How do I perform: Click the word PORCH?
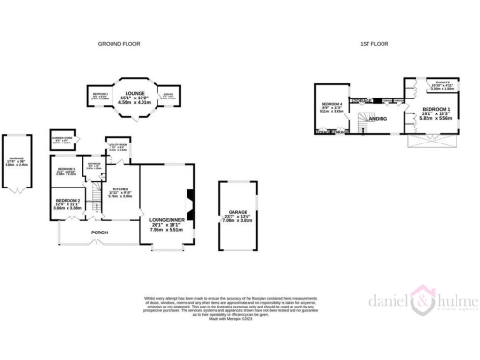pos(99,232)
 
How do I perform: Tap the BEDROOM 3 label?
pos(65,171)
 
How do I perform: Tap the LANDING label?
pos(378,118)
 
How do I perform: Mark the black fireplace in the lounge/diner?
pos(187,197)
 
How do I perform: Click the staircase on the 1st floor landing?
pos(362,101)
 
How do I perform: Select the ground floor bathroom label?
pos(94,167)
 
